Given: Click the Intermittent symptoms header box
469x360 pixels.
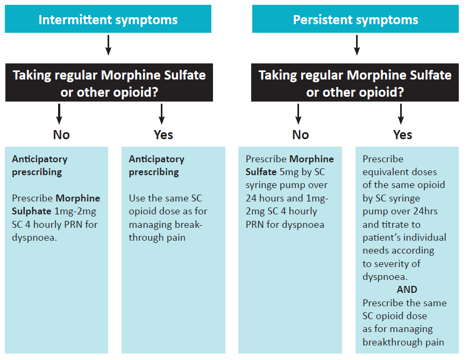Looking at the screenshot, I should click(108, 20).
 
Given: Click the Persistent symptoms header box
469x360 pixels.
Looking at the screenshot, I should click(355, 20).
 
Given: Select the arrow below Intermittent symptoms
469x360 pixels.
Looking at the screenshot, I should click(108, 45).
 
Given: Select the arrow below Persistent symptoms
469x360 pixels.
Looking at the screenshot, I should click(356, 45).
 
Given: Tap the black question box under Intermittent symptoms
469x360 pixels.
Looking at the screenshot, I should click(109, 83).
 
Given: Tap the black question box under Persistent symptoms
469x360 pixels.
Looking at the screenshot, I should click(355, 83).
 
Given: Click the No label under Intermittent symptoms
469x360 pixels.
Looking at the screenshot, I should click(61, 135).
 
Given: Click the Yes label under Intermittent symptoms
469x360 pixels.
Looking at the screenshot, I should click(163, 135).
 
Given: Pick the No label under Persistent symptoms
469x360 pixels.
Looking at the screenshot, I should click(300, 135).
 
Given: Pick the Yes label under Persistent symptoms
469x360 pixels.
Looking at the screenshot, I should click(402, 135).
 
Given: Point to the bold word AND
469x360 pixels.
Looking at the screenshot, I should click(407, 290).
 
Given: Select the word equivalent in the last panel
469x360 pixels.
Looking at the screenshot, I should click(386, 172).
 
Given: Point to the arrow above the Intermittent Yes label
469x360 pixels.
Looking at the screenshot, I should click(161, 113).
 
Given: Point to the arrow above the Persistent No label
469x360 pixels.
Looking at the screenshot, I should click(299, 113).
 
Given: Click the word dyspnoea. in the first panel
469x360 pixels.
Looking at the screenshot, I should click(34, 237).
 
